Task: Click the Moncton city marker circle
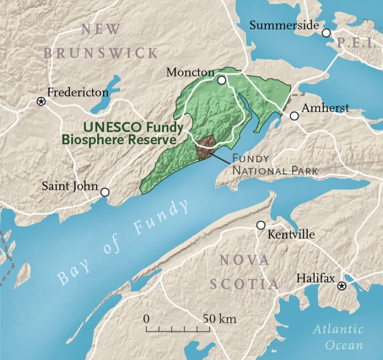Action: (x=221, y=80)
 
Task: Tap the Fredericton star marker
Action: (x=41, y=101)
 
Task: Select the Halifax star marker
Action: (x=342, y=286)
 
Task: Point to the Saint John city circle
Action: (x=105, y=192)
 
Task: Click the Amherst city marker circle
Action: (x=294, y=116)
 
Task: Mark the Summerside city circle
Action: (x=326, y=33)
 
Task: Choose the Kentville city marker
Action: (x=260, y=225)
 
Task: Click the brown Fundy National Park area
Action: (x=204, y=148)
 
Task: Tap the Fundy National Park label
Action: (x=274, y=165)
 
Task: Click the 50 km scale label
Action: (x=220, y=319)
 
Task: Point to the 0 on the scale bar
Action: (x=146, y=319)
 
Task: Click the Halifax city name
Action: (x=315, y=278)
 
